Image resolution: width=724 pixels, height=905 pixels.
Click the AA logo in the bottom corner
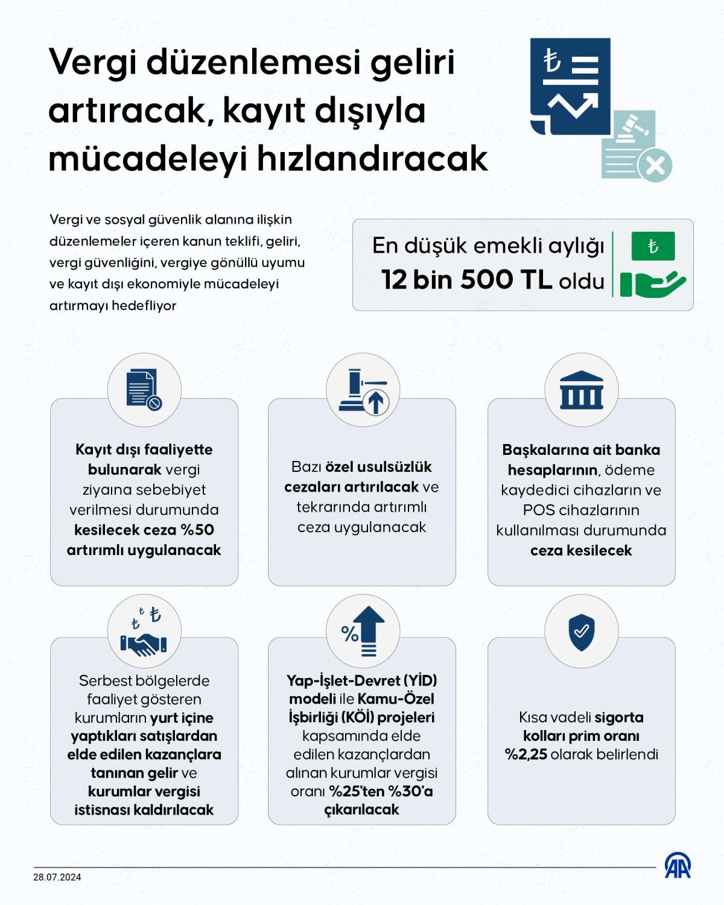678,866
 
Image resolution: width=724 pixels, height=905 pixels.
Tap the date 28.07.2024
57,877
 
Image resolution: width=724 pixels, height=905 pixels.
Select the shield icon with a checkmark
581,632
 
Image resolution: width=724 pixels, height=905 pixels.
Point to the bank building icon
581,390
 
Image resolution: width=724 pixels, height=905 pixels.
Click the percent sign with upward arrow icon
363,632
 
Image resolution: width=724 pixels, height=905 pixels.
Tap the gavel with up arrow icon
363,392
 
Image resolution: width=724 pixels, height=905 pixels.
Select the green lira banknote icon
653,246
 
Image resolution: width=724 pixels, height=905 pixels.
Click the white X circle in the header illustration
655,165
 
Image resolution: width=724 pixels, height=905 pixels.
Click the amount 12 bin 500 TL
466,280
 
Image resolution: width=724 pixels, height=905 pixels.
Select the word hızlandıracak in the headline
372,159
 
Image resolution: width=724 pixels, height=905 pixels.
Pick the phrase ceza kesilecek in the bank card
581,550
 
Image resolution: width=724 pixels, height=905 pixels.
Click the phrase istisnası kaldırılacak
144,810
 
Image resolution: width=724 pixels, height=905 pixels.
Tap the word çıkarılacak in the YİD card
362,810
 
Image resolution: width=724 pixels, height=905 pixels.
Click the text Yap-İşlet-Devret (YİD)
362,681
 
